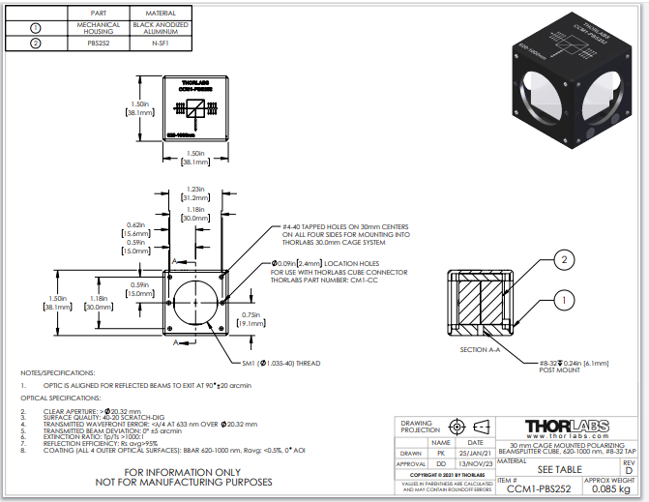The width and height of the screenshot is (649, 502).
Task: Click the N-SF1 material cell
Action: [160, 43]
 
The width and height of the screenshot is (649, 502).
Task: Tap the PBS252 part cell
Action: [98, 43]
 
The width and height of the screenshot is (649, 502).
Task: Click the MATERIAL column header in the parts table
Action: [160, 11]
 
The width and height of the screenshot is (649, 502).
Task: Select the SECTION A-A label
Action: [481, 348]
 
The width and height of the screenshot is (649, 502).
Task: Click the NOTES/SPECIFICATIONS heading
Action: [58, 371]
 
